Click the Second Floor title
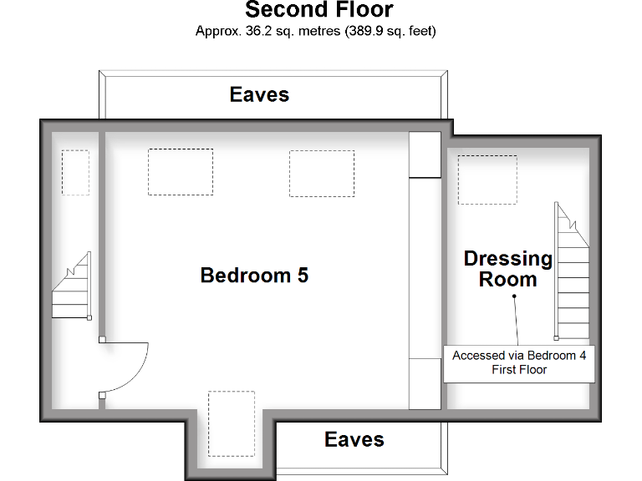[x=318, y=11]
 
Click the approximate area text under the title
[x=315, y=32]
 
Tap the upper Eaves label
[x=259, y=94]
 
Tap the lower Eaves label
[x=354, y=439]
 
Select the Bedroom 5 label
[x=254, y=275]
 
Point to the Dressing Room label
[x=508, y=269]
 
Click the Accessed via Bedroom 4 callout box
[x=519, y=362]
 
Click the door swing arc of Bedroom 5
[x=134, y=372]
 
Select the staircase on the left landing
[x=72, y=288]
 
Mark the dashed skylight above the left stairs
[x=75, y=172]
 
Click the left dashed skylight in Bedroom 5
[x=181, y=172]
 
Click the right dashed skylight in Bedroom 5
[x=322, y=174]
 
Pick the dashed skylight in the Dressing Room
[x=487, y=180]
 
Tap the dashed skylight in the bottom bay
[x=231, y=423]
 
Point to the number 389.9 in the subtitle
[x=364, y=32]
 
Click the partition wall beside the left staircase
[x=101, y=234]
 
